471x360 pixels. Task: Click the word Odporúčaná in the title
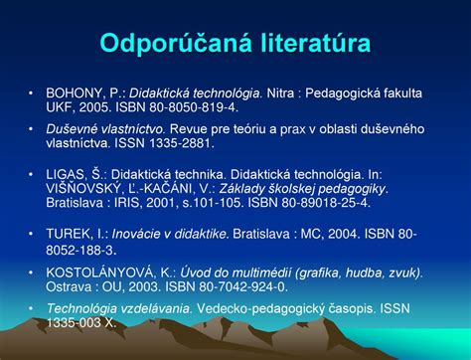pyautogui.click(x=166, y=44)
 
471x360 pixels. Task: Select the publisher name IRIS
pyautogui.click(x=136, y=202)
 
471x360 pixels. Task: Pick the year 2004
pyautogui.click(x=331, y=234)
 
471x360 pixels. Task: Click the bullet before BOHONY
pyautogui.click(x=32, y=92)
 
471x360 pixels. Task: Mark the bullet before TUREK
pyautogui.click(x=32, y=234)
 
